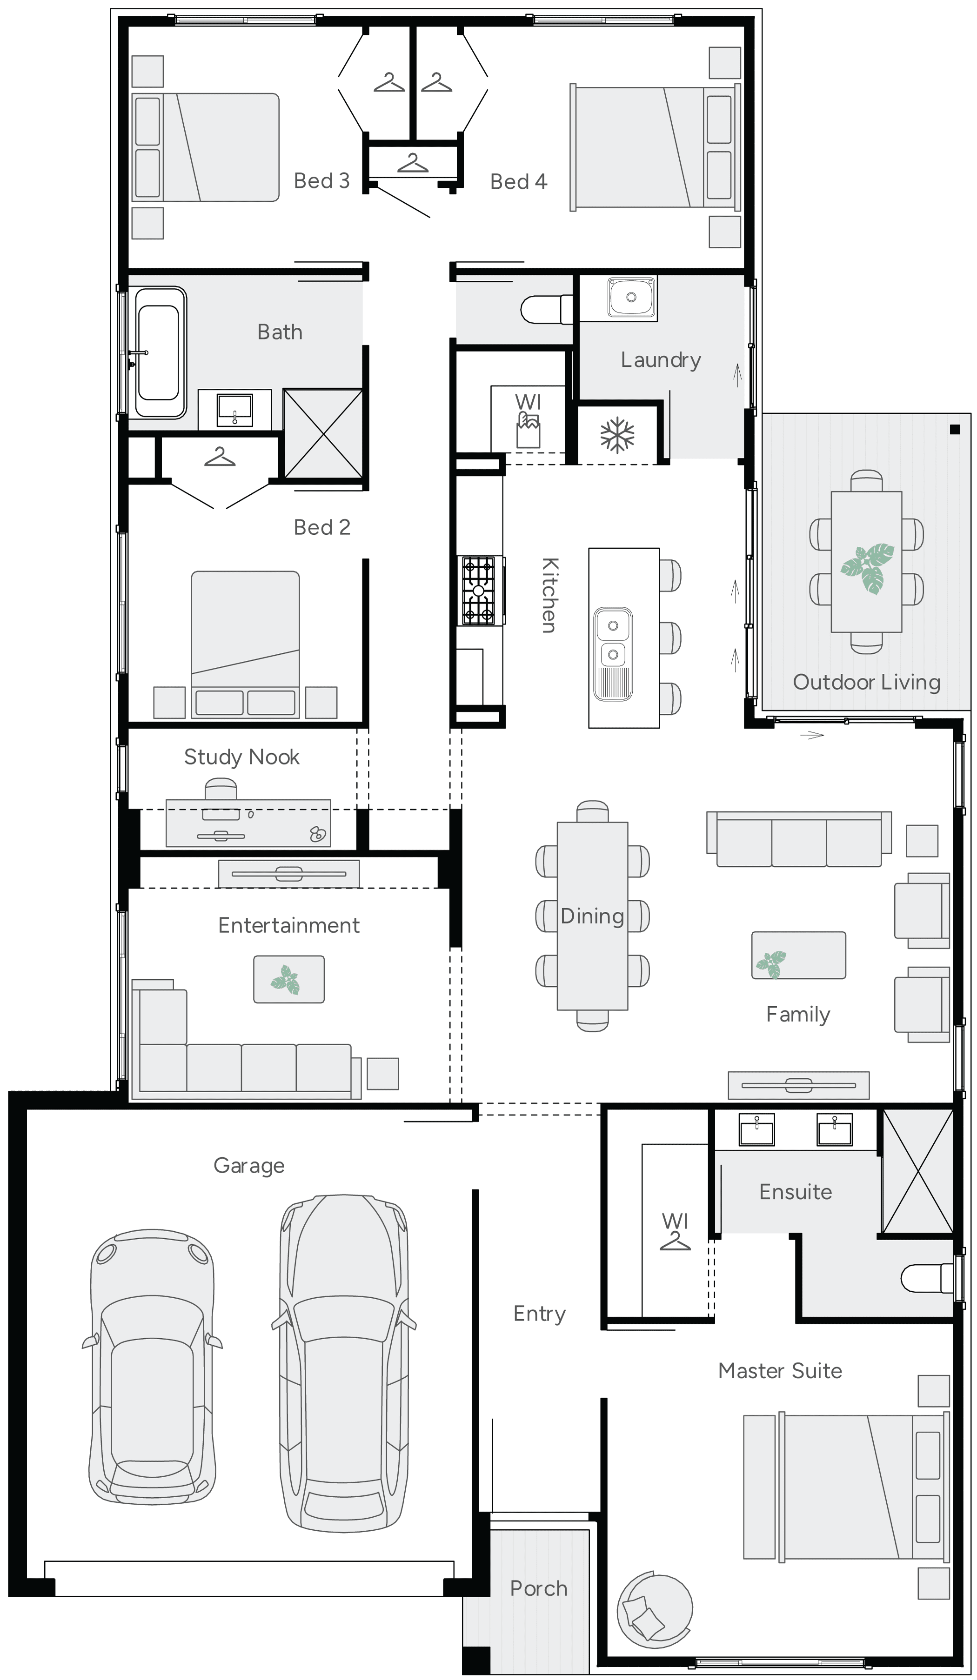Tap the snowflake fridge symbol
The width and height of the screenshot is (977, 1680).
617,435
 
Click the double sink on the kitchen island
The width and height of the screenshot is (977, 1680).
613,653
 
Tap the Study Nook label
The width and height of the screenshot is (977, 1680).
241,757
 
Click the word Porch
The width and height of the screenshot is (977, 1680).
538,1589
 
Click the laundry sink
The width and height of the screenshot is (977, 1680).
631,297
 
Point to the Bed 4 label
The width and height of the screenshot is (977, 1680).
518,181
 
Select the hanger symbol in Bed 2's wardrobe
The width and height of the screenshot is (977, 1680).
220,458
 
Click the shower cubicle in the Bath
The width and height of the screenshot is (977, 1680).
323,433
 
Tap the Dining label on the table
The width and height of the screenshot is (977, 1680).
591,916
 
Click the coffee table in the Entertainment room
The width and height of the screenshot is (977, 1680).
289,979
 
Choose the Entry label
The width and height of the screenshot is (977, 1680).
539,1313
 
